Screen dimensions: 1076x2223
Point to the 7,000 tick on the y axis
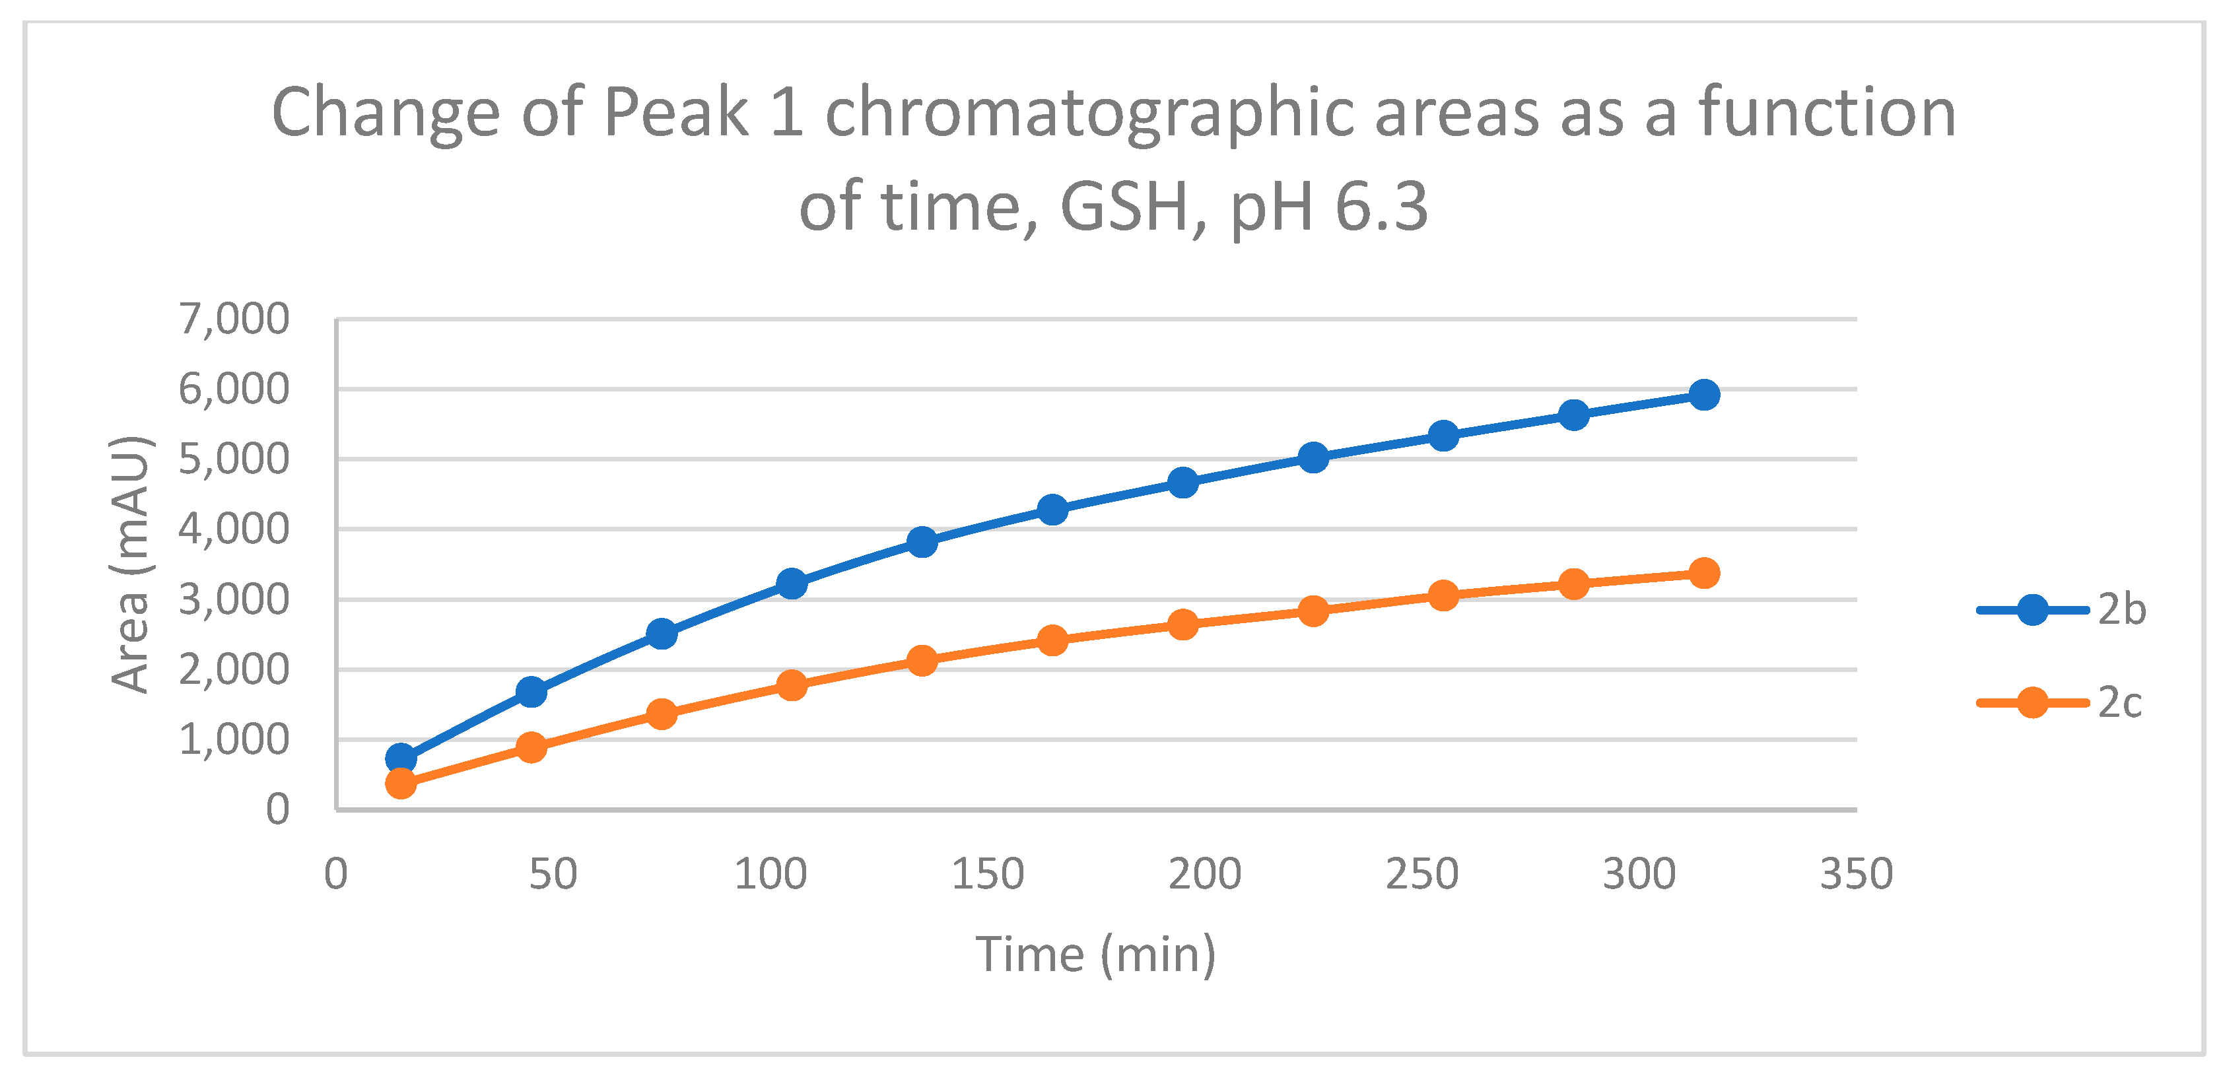pyautogui.click(x=234, y=319)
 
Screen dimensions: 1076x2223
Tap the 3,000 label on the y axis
pyautogui.click(x=234, y=599)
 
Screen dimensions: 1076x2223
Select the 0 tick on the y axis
pyautogui.click(x=277, y=810)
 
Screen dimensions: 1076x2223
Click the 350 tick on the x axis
pyautogui.click(x=1856, y=874)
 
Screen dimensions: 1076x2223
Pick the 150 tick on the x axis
pyautogui.click(x=987, y=874)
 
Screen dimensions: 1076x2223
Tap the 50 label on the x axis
pyautogui.click(x=553, y=874)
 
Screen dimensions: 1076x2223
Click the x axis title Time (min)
pyautogui.click(x=1095, y=955)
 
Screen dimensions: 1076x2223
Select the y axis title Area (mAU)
pyautogui.click(x=131, y=565)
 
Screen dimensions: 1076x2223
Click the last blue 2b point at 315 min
pyautogui.click(x=1703, y=395)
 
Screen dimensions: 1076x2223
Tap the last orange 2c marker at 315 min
pyautogui.click(x=1703, y=573)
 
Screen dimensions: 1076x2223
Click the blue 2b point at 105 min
pyautogui.click(x=792, y=584)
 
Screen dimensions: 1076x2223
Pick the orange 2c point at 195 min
pyautogui.click(x=1182, y=624)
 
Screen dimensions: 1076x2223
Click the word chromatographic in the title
pyautogui.click(x=1090, y=113)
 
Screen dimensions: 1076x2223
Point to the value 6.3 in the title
pyautogui.click(x=1381, y=207)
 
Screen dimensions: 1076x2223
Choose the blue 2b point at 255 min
pyautogui.click(x=1443, y=436)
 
